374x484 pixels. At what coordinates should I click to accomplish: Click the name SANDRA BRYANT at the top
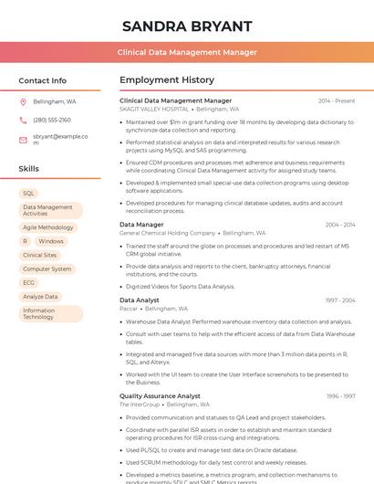(186, 25)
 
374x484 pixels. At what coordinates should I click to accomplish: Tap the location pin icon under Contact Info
(23, 101)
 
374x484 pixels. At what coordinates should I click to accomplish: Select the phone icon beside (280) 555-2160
(23, 120)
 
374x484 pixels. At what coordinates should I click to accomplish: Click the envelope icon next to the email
(23, 140)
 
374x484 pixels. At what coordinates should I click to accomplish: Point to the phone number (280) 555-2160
(52, 120)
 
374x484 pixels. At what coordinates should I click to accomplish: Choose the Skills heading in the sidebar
(29, 169)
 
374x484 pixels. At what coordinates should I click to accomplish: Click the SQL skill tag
(28, 194)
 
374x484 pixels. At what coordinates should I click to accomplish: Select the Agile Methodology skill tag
(48, 227)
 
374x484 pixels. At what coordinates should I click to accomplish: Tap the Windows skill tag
(51, 241)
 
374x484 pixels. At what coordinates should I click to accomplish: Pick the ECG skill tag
(29, 283)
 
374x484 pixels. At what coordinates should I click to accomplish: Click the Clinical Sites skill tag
(39, 256)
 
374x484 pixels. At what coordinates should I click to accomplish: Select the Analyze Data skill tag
(40, 297)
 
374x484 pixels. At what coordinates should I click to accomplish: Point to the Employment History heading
(167, 80)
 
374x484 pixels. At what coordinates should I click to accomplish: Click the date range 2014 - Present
(337, 100)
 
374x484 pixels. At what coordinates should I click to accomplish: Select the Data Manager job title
(141, 224)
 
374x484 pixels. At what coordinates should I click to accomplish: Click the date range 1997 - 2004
(339, 300)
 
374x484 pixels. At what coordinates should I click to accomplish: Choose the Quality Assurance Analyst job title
(160, 395)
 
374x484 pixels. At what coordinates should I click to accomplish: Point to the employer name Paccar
(130, 309)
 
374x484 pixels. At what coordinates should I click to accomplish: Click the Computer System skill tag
(47, 269)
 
